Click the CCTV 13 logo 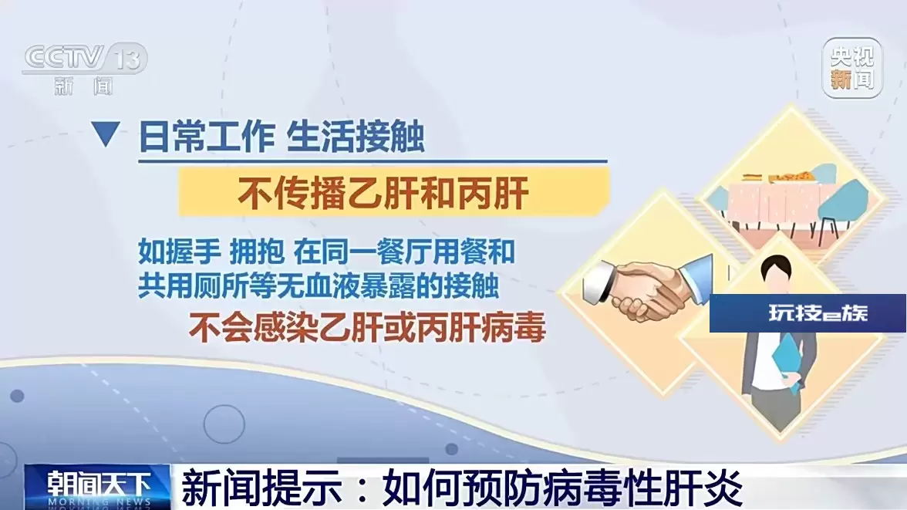pyautogui.click(x=86, y=68)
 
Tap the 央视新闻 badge pyautogui.click(x=852, y=68)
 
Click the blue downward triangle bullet pyautogui.click(x=105, y=133)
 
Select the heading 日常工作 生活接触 pyautogui.click(x=282, y=137)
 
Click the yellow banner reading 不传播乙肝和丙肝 pyautogui.click(x=393, y=191)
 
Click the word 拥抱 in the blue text pyautogui.click(x=257, y=252)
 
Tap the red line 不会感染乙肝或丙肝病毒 pyautogui.click(x=367, y=328)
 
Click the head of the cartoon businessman pyautogui.click(x=776, y=273)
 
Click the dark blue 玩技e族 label pyautogui.click(x=808, y=313)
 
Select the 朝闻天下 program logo pyautogui.click(x=97, y=487)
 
